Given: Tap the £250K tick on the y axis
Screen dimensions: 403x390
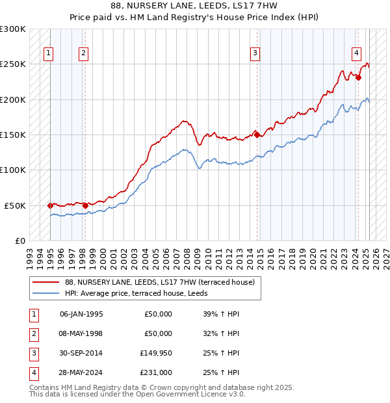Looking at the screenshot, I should click(14, 64).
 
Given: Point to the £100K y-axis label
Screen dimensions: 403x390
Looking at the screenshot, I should click(14, 170).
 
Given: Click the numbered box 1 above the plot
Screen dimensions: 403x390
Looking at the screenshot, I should click(49, 54).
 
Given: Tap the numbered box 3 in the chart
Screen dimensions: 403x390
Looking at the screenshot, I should click(255, 54).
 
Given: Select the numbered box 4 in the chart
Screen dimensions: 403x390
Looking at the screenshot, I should click(357, 54).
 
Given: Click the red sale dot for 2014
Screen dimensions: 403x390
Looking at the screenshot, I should click(257, 135).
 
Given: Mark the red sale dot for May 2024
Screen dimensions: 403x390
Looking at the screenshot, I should click(357, 77).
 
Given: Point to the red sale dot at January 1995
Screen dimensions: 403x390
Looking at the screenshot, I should click(51, 205).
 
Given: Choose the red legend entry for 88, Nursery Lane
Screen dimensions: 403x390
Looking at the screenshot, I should click(162, 283).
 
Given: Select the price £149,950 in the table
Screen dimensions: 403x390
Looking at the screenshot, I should click(155, 353).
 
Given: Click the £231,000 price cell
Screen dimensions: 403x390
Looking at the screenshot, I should click(155, 372).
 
